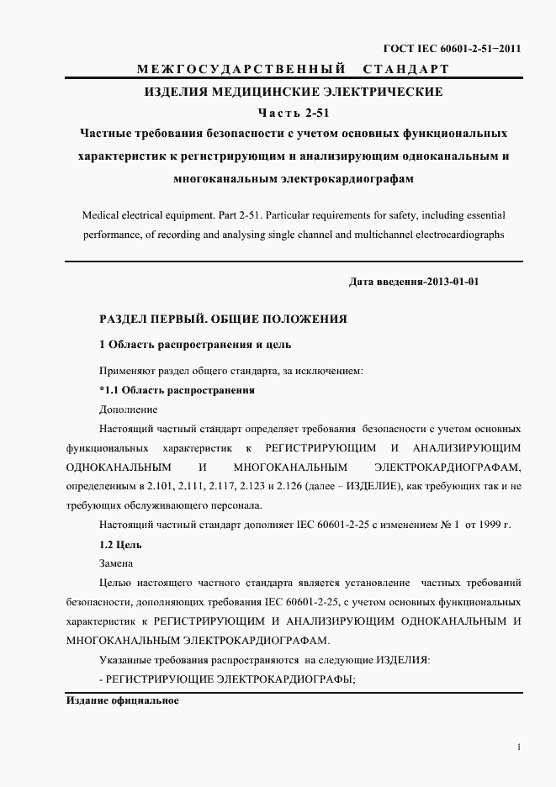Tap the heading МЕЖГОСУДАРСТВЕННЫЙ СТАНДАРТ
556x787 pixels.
pyautogui.click(x=294, y=68)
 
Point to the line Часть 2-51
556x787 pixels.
pyautogui.click(x=294, y=112)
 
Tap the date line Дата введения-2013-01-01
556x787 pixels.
pyautogui.click(x=413, y=282)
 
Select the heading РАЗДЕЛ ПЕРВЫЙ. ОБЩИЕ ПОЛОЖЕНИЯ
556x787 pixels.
pyautogui.click(x=223, y=320)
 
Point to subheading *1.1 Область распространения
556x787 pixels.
pyautogui.click(x=177, y=390)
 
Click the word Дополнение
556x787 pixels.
pyautogui.click(x=128, y=409)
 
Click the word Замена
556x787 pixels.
pyautogui.click(x=116, y=563)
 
